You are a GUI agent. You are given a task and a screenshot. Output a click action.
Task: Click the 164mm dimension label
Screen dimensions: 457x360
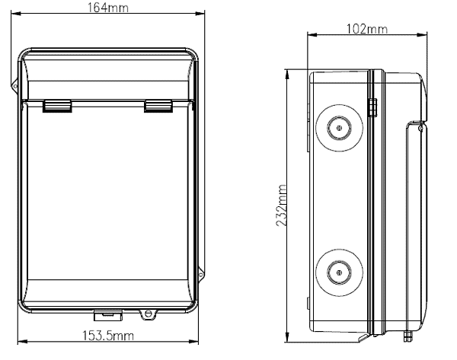tap(108, 8)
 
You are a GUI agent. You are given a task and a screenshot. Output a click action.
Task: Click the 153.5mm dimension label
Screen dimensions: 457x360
tap(108, 336)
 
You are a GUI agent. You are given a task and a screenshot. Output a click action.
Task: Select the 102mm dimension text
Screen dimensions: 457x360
tap(367, 29)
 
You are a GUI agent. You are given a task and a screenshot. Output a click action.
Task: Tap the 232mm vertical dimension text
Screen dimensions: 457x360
tap(281, 205)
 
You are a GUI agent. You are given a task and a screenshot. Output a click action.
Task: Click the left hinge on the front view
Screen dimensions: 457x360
tap(57, 106)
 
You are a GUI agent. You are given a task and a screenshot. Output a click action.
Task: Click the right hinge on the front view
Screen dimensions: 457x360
tap(158, 106)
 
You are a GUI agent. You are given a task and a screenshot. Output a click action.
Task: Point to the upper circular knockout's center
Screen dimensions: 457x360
tap(339, 128)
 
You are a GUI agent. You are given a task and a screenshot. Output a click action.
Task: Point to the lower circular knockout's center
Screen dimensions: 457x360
tap(339, 272)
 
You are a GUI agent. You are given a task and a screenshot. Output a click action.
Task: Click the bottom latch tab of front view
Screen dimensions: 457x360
tap(108, 315)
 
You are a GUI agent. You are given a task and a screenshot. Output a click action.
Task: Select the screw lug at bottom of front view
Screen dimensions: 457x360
tap(148, 314)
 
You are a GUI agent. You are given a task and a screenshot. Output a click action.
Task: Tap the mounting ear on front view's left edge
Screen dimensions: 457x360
tap(15, 86)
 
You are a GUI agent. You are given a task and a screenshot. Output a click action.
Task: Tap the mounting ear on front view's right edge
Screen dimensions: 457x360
tap(201, 274)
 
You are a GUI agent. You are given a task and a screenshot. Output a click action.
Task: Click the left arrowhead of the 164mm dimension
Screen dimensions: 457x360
tap(16, 14)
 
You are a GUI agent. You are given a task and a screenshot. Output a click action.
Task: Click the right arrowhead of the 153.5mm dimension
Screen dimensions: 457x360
tap(193, 342)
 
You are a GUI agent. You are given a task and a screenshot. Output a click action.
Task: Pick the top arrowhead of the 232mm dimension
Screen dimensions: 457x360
tap(287, 75)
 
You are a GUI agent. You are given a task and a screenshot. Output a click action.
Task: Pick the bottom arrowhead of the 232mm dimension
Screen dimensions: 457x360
tap(287, 337)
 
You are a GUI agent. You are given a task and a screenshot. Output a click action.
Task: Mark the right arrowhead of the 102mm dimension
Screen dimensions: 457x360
tap(422, 35)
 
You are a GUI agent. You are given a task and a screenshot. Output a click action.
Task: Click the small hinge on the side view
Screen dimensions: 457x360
tap(372, 107)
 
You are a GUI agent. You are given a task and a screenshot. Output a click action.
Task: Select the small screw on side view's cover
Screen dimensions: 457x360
tap(420, 128)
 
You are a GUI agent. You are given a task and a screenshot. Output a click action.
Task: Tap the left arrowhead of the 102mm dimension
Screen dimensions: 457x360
tap(312, 35)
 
